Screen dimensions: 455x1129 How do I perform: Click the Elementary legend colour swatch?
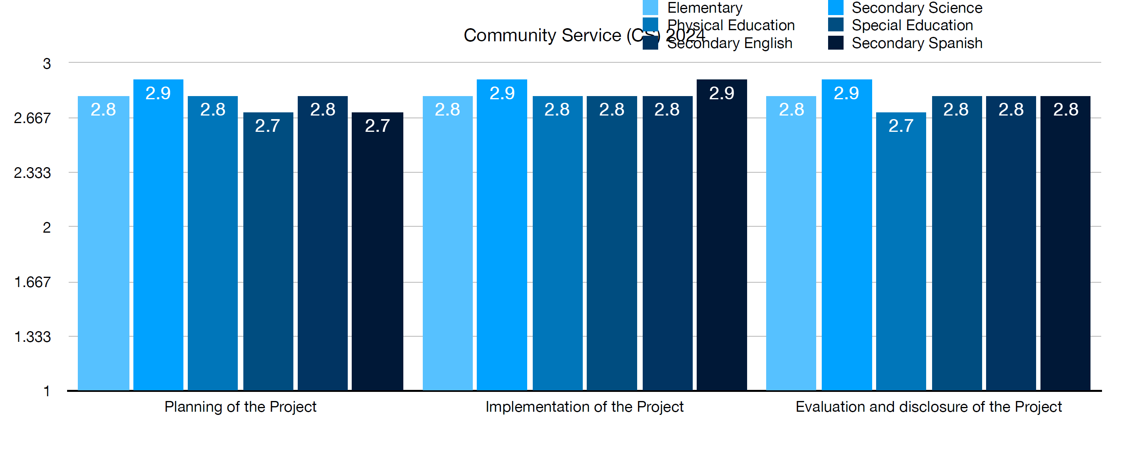(650, 8)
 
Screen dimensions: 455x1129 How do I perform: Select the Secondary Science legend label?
(917, 8)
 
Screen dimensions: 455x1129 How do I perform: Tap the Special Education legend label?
(912, 25)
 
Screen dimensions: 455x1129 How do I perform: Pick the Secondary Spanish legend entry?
(917, 43)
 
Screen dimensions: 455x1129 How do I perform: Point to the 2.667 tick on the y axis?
(33, 118)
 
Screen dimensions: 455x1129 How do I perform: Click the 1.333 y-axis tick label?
(33, 337)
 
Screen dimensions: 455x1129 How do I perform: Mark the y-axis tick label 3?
(46, 64)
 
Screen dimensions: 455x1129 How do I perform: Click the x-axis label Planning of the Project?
(240, 407)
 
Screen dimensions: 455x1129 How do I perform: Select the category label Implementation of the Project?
(584, 407)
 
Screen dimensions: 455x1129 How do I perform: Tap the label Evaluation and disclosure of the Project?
(928, 407)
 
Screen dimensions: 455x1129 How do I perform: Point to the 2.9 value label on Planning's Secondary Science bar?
(158, 93)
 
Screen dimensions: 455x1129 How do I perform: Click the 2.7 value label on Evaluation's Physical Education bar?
(901, 126)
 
